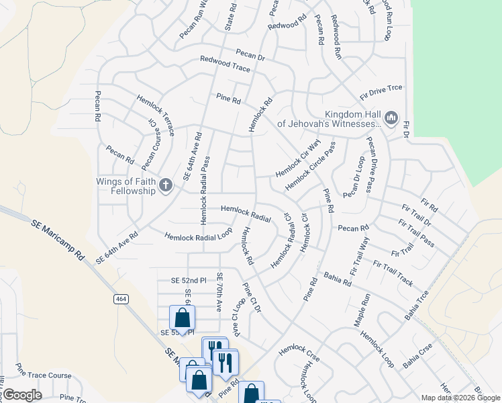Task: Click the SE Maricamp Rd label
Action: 59,239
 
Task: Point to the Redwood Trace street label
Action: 225,64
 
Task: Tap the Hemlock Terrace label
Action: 156,115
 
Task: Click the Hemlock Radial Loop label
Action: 198,235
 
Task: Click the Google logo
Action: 21,394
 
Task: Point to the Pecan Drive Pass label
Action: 369,163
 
